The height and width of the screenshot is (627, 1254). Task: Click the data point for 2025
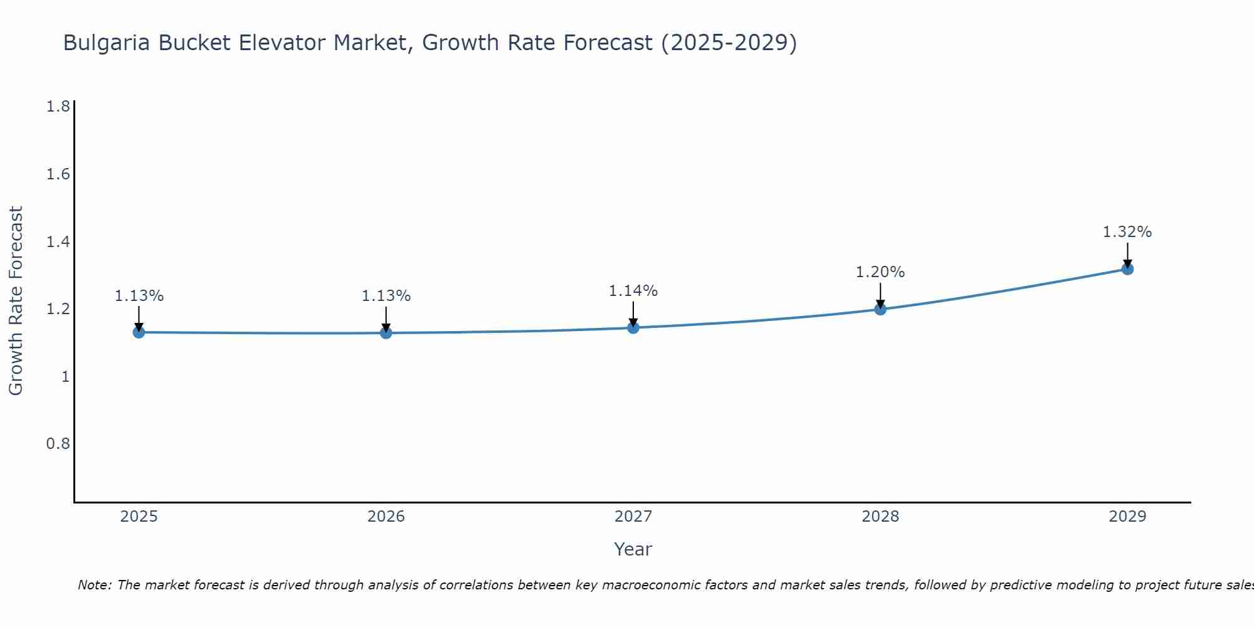click(x=139, y=332)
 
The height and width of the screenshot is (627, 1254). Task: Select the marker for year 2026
click(x=386, y=333)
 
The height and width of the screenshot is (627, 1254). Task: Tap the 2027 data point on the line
click(x=633, y=328)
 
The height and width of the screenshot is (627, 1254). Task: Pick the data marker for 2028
click(x=880, y=309)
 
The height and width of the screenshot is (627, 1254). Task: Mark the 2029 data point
click(x=1127, y=269)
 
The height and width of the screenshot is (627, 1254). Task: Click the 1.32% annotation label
click(x=1127, y=232)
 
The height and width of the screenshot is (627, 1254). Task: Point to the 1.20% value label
click(x=880, y=272)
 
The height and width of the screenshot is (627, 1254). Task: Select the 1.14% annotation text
click(x=633, y=291)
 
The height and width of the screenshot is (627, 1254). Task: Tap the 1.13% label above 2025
click(x=139, y=296)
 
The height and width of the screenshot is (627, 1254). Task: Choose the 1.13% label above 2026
click(x=386, y=296)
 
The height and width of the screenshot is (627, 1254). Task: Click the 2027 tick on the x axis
click(x=633, y=517)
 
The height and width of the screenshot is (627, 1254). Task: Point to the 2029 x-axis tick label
click(x=1127, y=517)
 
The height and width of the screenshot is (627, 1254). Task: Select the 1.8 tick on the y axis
click(x=58, y=107)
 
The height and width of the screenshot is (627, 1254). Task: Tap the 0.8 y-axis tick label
click(x=58, y=444)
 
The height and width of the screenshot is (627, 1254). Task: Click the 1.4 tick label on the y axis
click(x=58, y=241)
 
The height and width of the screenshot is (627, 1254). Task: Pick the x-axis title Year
click(x=633, y=549)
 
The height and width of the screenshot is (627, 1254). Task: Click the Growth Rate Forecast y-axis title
click(x=16, y=301)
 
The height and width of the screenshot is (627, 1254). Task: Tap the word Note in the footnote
click(x=94, y=585)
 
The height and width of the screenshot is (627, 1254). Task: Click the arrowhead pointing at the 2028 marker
click(x=880, y=304)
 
